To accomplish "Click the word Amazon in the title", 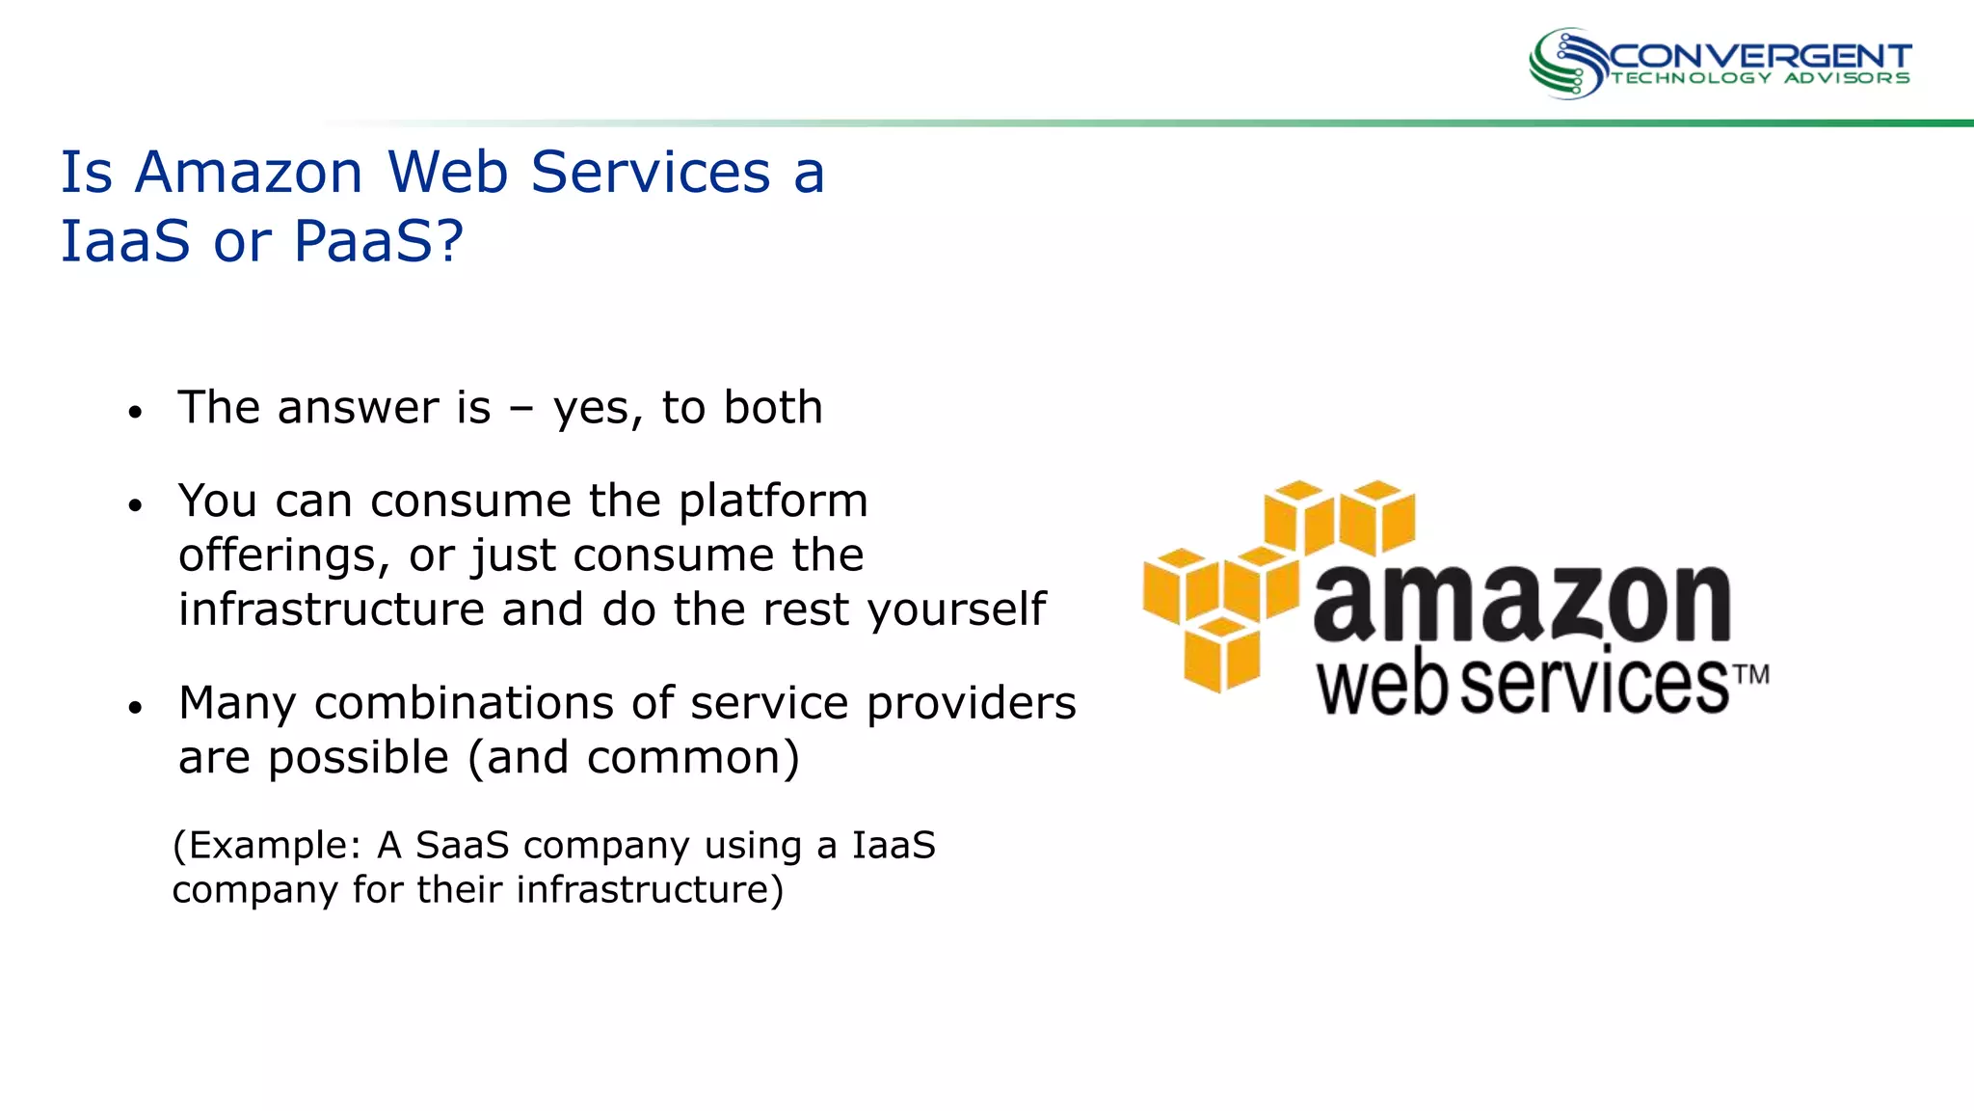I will (249, 173).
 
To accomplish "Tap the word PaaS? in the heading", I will (379, 241).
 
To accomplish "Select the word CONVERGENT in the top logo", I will (1760, 56).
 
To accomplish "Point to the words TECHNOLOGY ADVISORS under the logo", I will (1760, 79).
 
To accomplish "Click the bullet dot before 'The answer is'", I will (135, 413).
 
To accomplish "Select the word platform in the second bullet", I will (773, 501).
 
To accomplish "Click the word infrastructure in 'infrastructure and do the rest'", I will (331, 610).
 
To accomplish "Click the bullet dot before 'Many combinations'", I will (135, 708).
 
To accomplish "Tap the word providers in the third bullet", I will (971, 704).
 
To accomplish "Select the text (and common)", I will (633, 758).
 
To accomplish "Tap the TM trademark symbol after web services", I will (1752, 674).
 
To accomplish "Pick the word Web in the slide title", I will (447, 173).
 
